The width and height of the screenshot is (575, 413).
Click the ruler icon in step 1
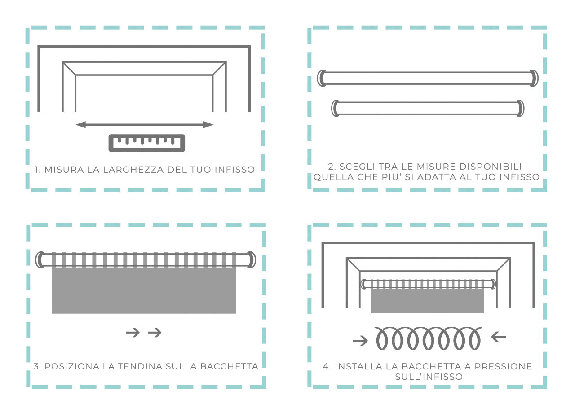point(147,143)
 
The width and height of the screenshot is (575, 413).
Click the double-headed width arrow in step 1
point(144,125)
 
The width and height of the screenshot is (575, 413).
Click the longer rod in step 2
point(427,78)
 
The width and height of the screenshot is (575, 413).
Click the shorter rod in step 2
point(427,109)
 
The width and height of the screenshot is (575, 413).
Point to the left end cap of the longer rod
point(321,78)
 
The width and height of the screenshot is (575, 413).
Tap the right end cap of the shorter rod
point(520,109)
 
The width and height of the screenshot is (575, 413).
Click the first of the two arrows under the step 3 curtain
point(133,333)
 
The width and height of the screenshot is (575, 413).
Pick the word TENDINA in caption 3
point(141,366)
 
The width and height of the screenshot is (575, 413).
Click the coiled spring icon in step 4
point(428,338)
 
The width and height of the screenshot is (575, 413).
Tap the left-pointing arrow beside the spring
point(499,337)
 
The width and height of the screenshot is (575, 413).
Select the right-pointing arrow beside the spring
point(360,342)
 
